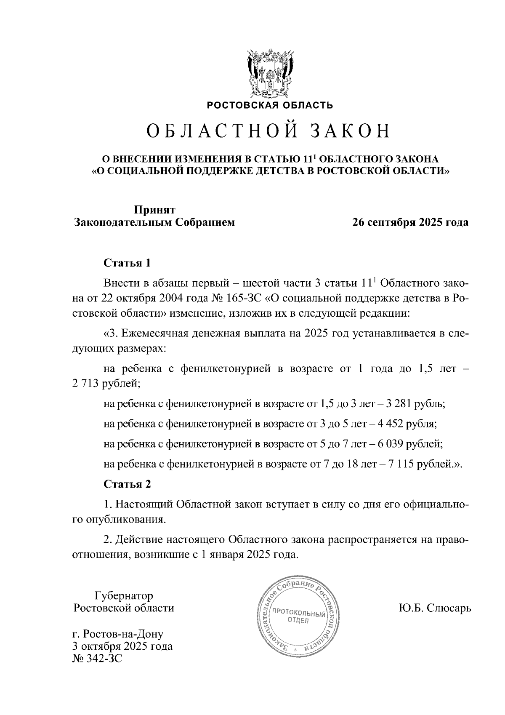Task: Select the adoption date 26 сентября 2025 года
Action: click(x=410, y=222)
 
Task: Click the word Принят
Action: click(x=154, y=210)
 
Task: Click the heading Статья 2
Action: click(x=127, y=484)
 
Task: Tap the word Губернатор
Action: click(x=124, y=596)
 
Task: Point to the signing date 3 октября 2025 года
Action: click(x=123, y=646)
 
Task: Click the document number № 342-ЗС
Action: click(x=98, y=659)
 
